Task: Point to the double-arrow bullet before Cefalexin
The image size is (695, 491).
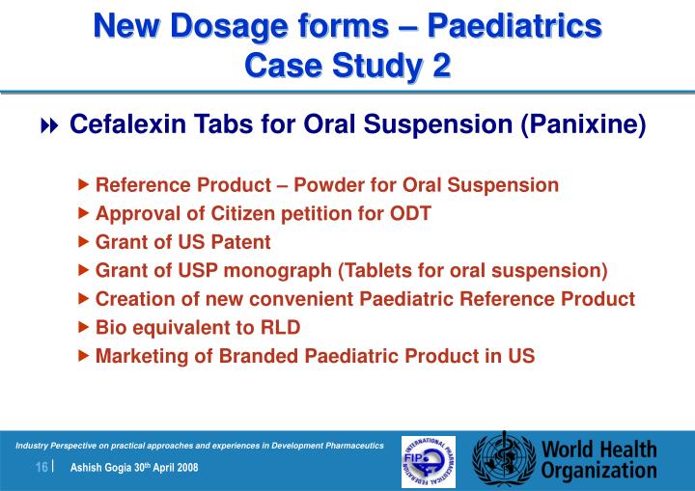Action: point(49,126)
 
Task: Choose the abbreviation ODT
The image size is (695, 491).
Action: point(412,213)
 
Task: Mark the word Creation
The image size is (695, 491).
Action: point(131,299)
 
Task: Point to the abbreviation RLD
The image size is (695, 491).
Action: point(280,327)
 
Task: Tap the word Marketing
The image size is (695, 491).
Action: point(139,356)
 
